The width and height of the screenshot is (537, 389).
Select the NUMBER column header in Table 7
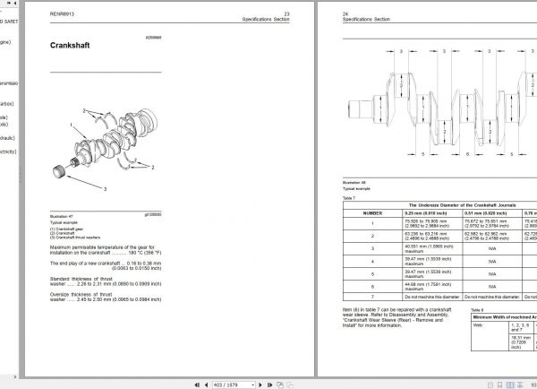pos(372,213)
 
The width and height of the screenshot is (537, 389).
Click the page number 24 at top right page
pos(345,13)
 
